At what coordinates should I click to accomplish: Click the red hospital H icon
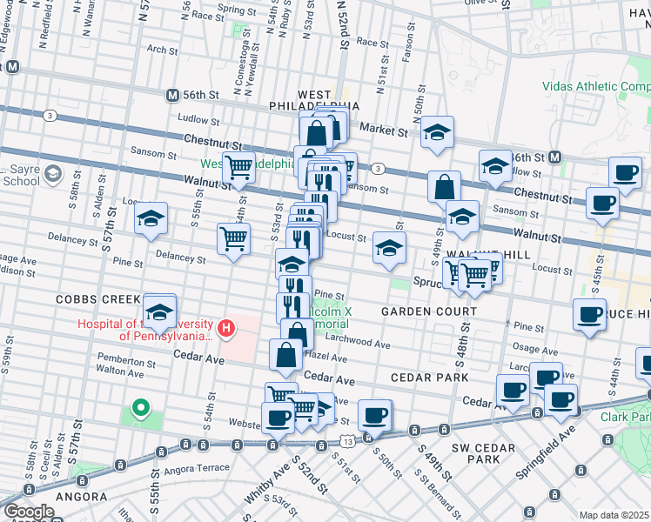point(226,328)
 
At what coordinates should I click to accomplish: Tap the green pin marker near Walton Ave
point(139,406)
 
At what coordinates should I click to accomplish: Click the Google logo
point(28,512)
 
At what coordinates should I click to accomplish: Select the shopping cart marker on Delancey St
point(233,239)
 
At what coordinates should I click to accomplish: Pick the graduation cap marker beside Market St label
point(437,132)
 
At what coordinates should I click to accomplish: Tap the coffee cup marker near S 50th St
point(375,415)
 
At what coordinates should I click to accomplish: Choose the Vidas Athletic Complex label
point(595,86)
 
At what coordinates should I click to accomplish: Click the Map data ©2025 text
point(614,515)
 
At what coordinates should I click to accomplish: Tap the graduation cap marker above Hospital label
point(160,311)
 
